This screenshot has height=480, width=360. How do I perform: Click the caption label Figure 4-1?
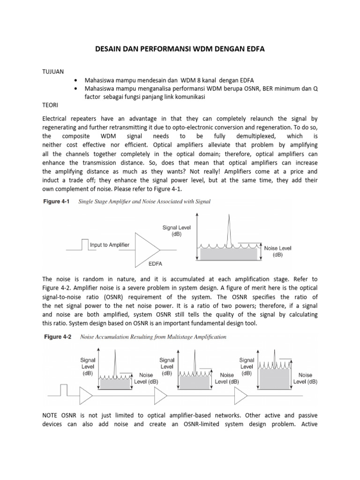pyautogui.click(x=57, y=202)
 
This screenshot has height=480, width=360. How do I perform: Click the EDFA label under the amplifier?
pyautogui.click(x=155, y=264)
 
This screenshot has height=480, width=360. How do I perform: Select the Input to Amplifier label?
pyautogui.click(x=110, y=245)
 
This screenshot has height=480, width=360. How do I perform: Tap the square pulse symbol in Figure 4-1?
pyautogui.click(x=84, y=244)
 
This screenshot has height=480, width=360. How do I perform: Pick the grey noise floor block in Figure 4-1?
pyautogui.click(x=229, y=253)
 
